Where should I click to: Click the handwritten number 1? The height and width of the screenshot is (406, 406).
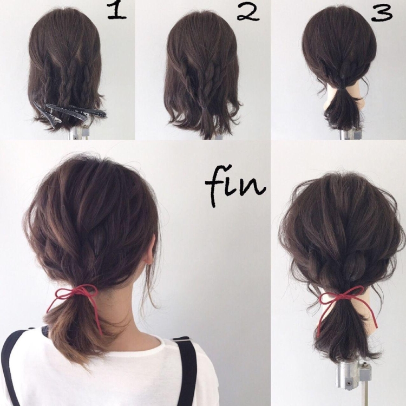(x=117, y=12)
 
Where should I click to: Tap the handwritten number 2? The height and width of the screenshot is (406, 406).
(x=248, y=12)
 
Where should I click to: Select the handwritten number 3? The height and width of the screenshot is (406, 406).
(x=382, y=14)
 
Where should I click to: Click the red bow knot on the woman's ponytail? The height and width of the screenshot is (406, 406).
(x=75, y=292)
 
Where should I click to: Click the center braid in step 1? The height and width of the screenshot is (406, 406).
(x=66, y=83)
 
